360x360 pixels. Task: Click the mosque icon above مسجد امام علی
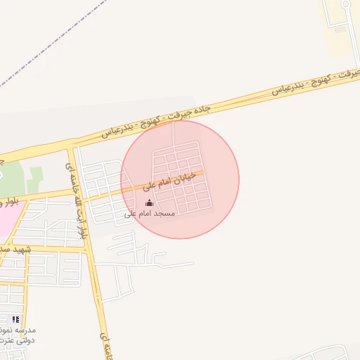[x=147, y=204]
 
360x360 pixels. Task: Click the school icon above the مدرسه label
[x=15, y=319]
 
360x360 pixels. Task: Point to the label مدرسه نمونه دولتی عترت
[x=18, y=335]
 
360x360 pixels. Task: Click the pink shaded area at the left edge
[x=6, y=218]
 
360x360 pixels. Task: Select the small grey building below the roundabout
[x=340, y=28]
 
